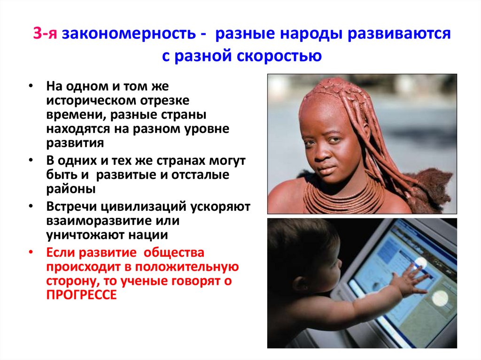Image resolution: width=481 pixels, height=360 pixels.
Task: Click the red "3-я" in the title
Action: pyautogui.click(x=46, y=34)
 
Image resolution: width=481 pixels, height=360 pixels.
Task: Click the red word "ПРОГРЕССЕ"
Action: pyautogui.click(x=81, y=295)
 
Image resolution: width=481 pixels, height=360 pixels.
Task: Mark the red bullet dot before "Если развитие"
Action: pyautogui.click(x=30, y=253)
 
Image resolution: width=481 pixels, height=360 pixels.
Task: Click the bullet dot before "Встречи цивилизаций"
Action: pyautogui.click(x=30, y=207)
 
